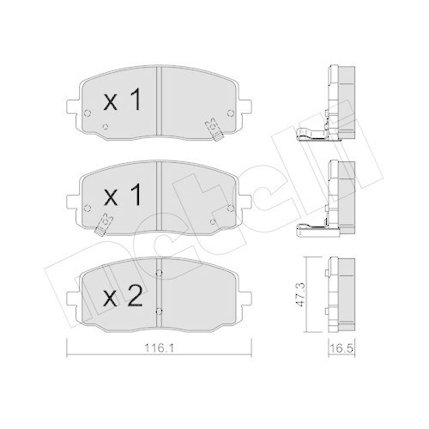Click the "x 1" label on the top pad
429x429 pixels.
[121, 103]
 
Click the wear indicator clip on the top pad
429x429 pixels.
[210, 130]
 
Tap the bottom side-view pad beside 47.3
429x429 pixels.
[341, 292]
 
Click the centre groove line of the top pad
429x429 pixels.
[161, 103]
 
